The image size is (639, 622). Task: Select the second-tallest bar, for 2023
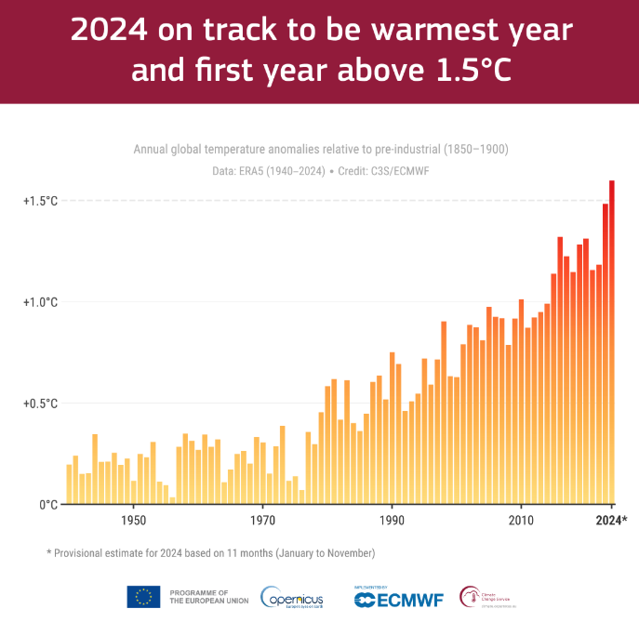pyautogui.click(x=606, y=353)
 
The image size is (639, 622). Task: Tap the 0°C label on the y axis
pyautogui.click(x=48, y=505)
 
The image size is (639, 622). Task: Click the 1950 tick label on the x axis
pyautogui.click(x=134, y=521)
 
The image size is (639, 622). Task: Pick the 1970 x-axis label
pyautogui.click(x=263, y=521)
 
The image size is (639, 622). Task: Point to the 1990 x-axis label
pyautogui.click(x=393, y=521)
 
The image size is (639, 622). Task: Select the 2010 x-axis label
pyautogui.click(x=521, y=521)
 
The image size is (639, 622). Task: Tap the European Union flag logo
pyautogui.click(x=143, y=597)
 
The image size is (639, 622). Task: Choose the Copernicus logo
pyautogui.click(x=293, y=597)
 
